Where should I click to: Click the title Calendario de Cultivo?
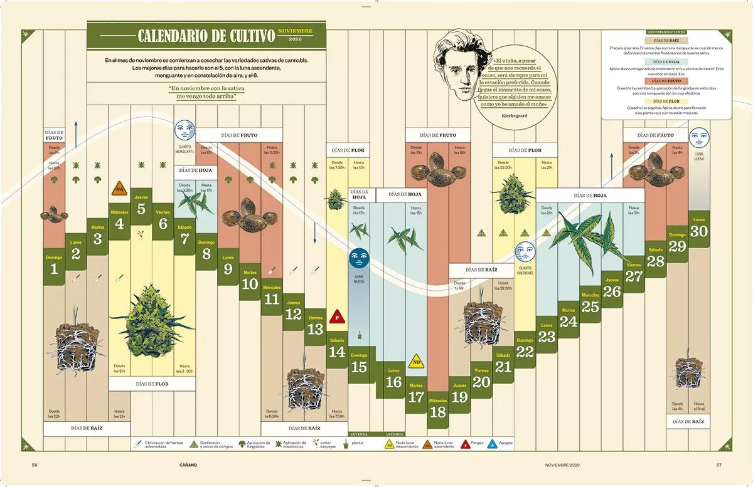206,35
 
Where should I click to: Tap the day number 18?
438,412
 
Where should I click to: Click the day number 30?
699,231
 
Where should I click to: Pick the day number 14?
337,352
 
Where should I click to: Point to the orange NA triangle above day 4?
119,188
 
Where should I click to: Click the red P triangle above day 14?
337,316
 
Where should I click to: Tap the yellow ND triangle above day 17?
415,361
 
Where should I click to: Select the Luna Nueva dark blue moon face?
358,257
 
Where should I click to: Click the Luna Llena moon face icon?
698,137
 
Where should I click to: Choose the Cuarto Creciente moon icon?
524,251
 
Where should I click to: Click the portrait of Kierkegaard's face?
457,63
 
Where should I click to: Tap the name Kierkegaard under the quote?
515,116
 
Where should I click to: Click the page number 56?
35,465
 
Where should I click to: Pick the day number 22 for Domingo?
525,352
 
